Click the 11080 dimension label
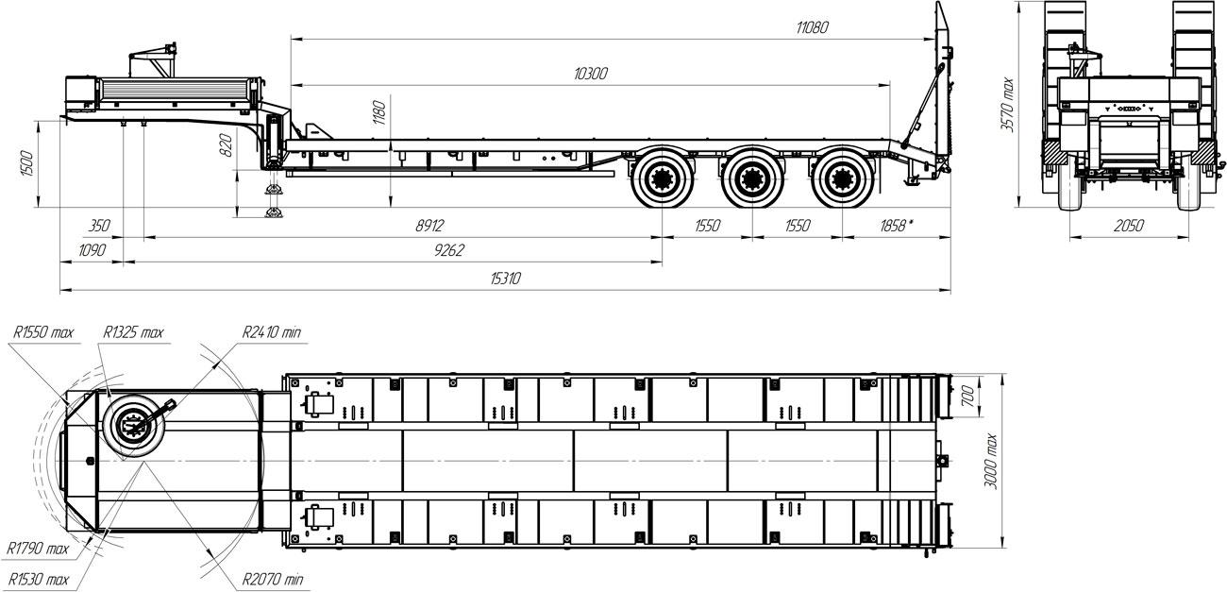click(x=812, y=27)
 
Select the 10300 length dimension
click(x=591, y=74)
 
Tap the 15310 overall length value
click(x=505, y=279)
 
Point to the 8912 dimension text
click(x=429, y=226)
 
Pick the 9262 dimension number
click(x=448, y=250)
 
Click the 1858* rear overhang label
click(x=896, y=226)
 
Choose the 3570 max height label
click(x=1007, y=105)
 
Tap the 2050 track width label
click(x=1129, y=226)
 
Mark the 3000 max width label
click(x=991, y=462)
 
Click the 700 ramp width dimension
click(x=967, y=397)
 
